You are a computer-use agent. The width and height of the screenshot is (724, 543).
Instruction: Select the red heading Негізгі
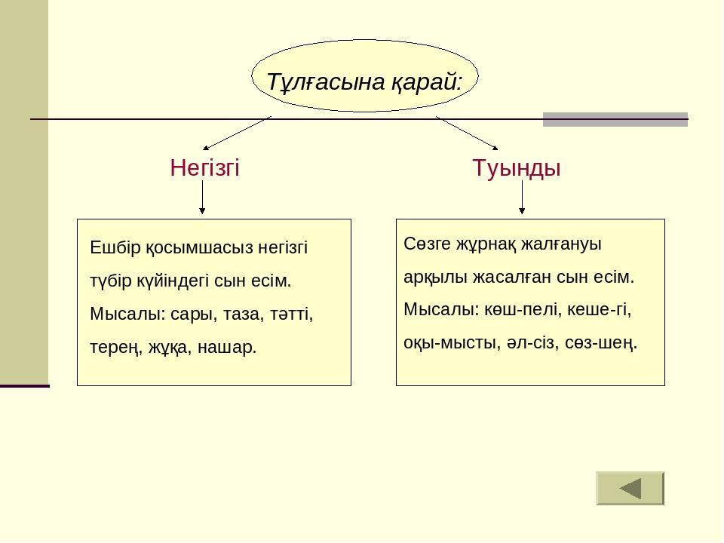click(204, 167)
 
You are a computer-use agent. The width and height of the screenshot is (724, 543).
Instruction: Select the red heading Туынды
click(516, 167)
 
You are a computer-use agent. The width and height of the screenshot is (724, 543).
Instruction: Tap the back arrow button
click(630, 488)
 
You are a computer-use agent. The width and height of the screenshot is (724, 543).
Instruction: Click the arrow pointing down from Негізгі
click(202, 197)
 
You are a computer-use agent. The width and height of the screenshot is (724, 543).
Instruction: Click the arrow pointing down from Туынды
click(522, 197)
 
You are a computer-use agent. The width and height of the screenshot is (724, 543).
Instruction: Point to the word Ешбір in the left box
click(115, 247)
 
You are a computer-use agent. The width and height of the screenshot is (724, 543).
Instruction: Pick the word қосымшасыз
click(199, 248)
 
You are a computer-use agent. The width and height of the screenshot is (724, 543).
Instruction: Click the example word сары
click(194, 314)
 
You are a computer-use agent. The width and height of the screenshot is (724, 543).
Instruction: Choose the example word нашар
click(227, 347)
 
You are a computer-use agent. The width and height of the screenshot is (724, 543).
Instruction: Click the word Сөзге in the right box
click(427, 244)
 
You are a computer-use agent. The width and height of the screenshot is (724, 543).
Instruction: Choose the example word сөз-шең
click(601, 343)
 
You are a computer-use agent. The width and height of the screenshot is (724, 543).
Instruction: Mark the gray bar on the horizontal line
click(615, 120)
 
